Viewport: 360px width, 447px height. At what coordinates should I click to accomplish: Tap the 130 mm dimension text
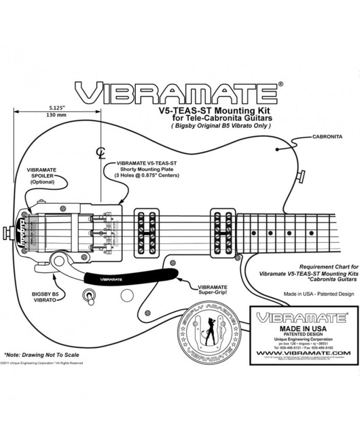57,115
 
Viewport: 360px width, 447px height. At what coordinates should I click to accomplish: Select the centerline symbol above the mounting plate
101,153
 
